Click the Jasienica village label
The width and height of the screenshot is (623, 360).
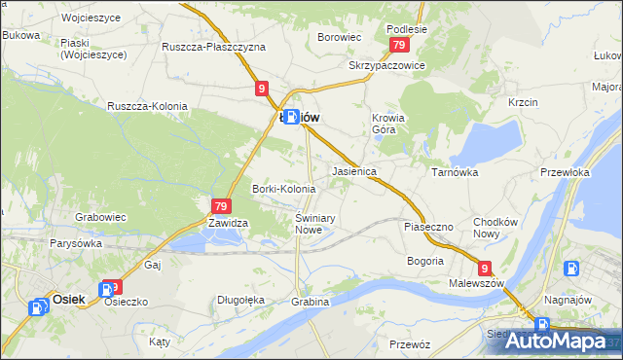(x=354, y=170)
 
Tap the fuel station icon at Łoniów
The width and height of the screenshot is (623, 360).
(x=290, y=117)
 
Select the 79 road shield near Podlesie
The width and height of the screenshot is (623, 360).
(x=398, y=46)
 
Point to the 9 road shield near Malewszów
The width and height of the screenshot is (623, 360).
(x=485, y=268)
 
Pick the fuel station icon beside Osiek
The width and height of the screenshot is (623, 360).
(x=39, y=307)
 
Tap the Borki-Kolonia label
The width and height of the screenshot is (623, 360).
(x=283, y=189)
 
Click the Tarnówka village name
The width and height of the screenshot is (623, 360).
(x=453, y=171)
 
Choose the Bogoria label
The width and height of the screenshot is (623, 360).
(x=425, y=261)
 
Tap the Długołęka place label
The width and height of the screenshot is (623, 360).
(x=240, y=300)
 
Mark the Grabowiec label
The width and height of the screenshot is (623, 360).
(x=101, y=219)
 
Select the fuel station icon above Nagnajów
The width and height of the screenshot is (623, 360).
(x=569, y=269)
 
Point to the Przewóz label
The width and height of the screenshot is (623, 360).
(x=409, y=343)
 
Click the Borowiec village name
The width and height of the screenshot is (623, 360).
(x=340, y=38)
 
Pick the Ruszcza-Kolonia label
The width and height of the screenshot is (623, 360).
(x=147, y=106)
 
